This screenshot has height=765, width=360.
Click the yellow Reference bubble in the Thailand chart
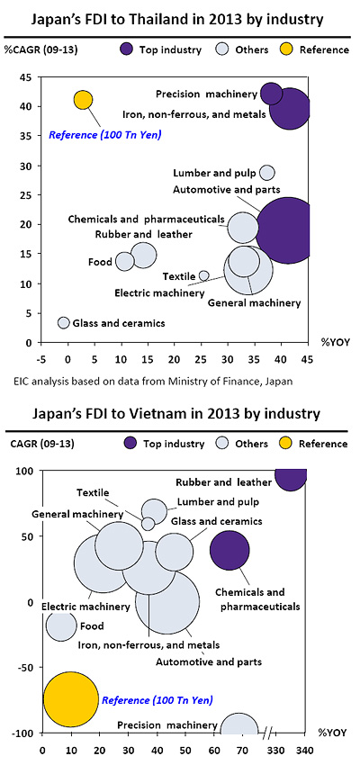click(x=83, y=100)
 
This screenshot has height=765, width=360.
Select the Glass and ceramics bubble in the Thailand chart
click(x=63, y=322)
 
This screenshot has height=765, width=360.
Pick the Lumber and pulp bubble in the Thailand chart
click(x=266, y=173)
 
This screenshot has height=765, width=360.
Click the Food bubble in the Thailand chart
click(x=125, y=261)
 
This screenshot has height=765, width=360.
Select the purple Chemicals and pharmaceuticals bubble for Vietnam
click(x=229, y=550)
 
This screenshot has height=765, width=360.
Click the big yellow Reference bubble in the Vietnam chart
click(x=70, y=698)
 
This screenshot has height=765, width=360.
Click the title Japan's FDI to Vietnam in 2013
click(x=179, y=414)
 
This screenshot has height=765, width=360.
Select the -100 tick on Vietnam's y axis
click(x=25, y=733)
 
